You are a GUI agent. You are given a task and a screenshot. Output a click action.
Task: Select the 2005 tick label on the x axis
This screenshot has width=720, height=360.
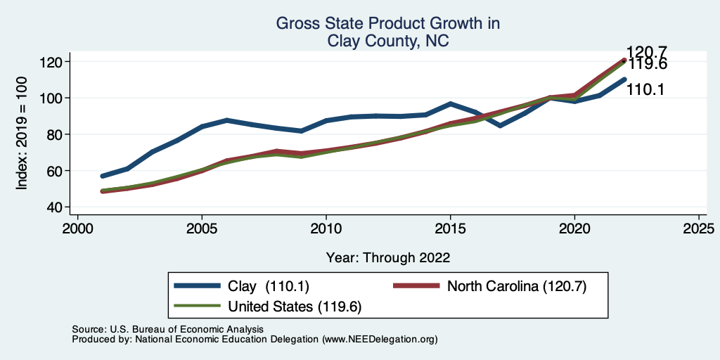click(202, 229)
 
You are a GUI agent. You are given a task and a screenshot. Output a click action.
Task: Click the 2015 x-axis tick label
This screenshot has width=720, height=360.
click(450, 229)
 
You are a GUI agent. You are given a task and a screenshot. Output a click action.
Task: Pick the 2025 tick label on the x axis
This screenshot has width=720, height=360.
click(699, 229)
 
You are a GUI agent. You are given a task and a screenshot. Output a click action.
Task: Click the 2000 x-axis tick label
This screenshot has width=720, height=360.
click(77, 229)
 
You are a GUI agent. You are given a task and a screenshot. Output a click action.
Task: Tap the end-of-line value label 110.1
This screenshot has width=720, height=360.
click(648, 89)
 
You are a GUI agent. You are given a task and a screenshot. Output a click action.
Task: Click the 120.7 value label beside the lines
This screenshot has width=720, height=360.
click(648, 51)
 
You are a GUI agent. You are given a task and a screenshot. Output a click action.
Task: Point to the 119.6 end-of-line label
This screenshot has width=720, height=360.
click(648, 65)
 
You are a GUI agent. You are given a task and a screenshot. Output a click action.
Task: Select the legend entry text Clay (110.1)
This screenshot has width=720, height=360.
click(269, 286)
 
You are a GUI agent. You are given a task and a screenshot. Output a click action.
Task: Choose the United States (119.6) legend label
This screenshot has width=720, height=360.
click(295, 307)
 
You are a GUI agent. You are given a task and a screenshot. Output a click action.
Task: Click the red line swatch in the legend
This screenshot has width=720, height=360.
click(415, 286)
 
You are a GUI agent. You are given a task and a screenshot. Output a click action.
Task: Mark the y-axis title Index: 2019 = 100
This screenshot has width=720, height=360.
click(22, 134)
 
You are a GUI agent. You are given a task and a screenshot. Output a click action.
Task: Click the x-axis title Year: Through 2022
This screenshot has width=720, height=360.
click(388, 257)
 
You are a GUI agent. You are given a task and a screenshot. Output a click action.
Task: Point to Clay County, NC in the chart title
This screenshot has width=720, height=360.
click(388, 41)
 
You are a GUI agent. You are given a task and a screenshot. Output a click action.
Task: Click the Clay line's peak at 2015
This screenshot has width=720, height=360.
click(450, 104)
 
